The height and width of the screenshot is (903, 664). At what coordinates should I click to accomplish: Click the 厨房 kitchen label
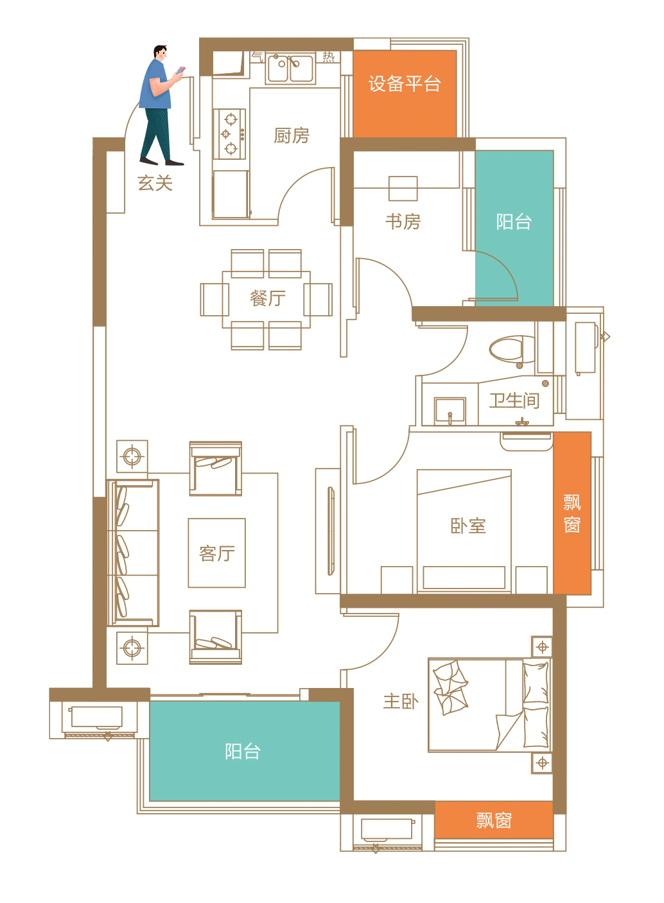point(292,135)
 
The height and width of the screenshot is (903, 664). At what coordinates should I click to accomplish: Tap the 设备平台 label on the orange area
point(404,84)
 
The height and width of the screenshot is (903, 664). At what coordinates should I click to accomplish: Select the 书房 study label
point(403,221)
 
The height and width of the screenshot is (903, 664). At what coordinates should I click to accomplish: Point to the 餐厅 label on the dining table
point(267,298)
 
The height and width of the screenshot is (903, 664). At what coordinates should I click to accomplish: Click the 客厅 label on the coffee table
point(216,553)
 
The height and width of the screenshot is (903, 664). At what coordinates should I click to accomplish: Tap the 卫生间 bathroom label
point(514,400)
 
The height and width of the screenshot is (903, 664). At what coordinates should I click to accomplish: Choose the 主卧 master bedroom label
point(401,701)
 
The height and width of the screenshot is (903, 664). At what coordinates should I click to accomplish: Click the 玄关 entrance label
point(155,183)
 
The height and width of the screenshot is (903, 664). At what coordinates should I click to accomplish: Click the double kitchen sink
point(290,69)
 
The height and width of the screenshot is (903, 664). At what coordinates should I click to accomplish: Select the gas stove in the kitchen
point(229,133)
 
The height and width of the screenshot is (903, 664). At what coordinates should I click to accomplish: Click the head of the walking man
point(160,53)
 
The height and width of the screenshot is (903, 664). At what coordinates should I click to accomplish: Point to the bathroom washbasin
point(450,411)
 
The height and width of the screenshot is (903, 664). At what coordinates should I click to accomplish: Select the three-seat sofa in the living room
point(133,553)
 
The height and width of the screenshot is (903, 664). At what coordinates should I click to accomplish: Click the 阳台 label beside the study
point(514,221)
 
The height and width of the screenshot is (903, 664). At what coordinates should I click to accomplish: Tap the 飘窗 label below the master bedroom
point(494,820)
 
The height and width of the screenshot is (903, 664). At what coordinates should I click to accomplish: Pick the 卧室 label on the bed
point(468,525)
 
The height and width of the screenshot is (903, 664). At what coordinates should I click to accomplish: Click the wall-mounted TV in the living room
point(331,531)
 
